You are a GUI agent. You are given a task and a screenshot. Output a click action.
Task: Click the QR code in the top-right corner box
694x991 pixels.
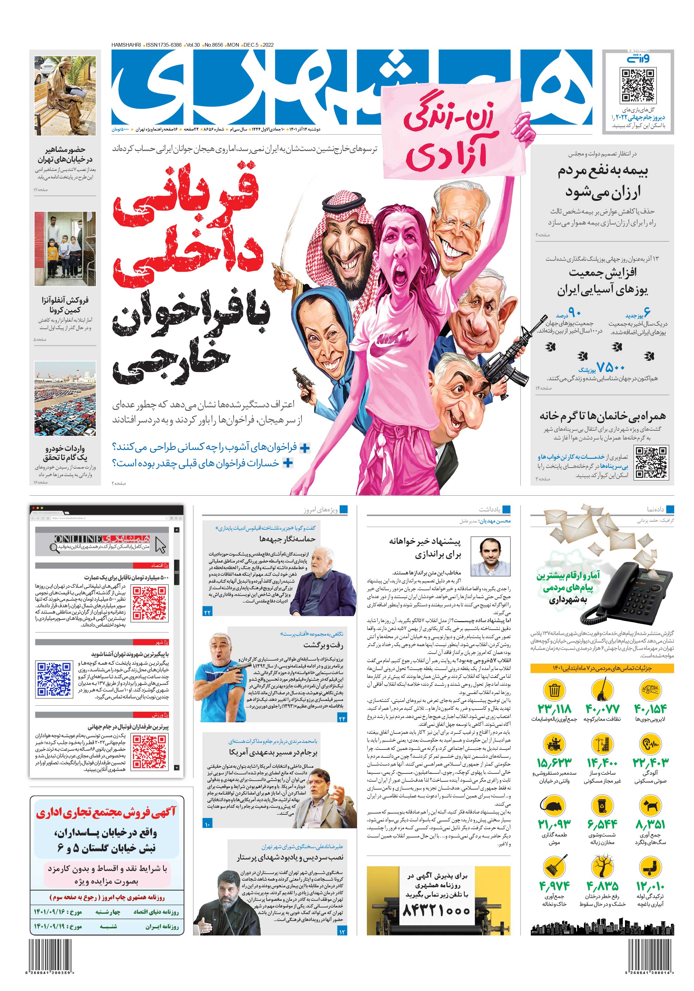(638, 85)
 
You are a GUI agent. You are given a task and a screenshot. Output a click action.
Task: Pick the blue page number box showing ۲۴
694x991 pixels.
(342, 718)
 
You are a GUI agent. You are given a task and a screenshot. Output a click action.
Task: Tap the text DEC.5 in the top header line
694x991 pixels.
(251, 45)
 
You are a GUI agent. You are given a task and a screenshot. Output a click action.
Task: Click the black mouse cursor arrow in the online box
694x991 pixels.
(160, 545)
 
